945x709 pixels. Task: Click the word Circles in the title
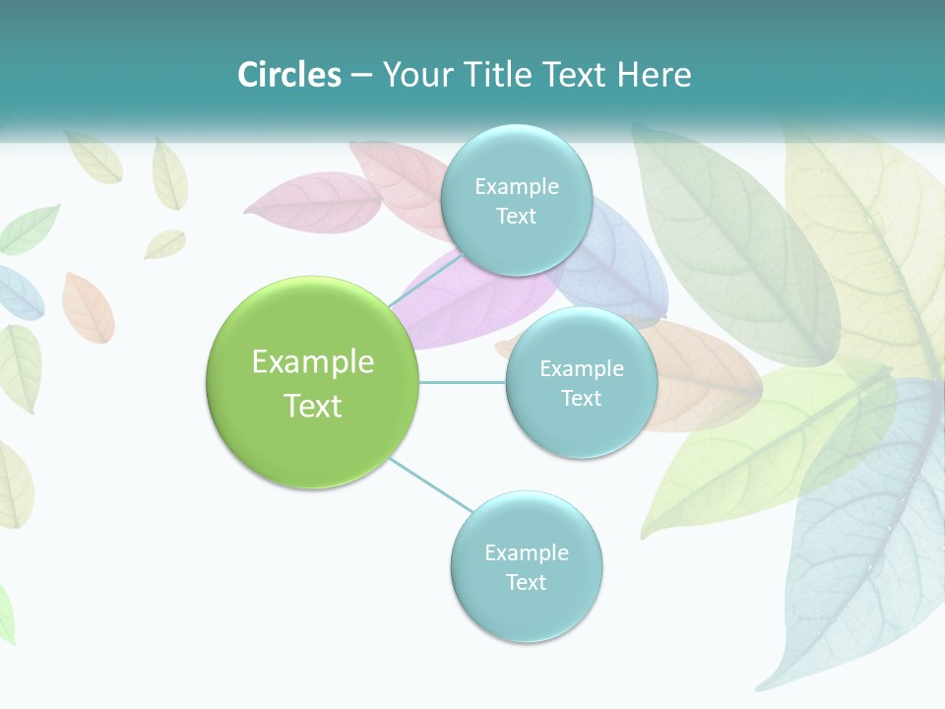[288, 75]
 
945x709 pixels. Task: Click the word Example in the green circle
[313, 362]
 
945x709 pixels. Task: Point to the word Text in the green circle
[313, 406]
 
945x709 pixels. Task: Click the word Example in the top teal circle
[516, 186]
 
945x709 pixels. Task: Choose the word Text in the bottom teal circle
[526, 582]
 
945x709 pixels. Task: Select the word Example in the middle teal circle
[581, 368]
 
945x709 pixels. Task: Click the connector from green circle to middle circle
[463, 382]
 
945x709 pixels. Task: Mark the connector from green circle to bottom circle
[430, 483]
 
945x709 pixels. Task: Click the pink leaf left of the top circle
[313, 203]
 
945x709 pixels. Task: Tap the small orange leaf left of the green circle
[88, 306]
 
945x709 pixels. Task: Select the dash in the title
[361, 75]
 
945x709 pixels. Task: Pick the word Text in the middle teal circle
[581, 398]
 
